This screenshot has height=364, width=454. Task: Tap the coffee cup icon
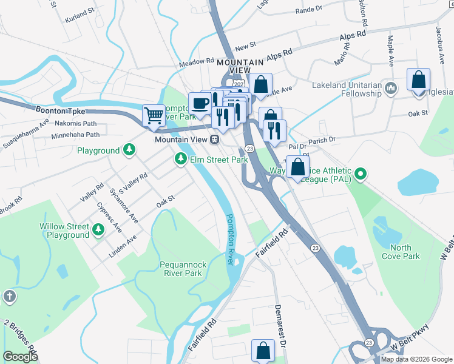(x=200, y=102)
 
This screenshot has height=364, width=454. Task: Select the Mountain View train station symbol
(x=214, y=140)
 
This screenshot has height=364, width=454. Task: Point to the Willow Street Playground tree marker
(x=98, y=231)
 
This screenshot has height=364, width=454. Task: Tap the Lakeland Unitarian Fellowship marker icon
(x=390, y=90)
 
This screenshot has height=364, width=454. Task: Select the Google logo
(x=21, y=356)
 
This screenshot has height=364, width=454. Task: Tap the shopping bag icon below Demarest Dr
(x=263, y=350)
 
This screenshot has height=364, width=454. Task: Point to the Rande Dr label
(x=308, y=10)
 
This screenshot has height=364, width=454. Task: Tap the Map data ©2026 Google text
(x=416, y=359)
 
